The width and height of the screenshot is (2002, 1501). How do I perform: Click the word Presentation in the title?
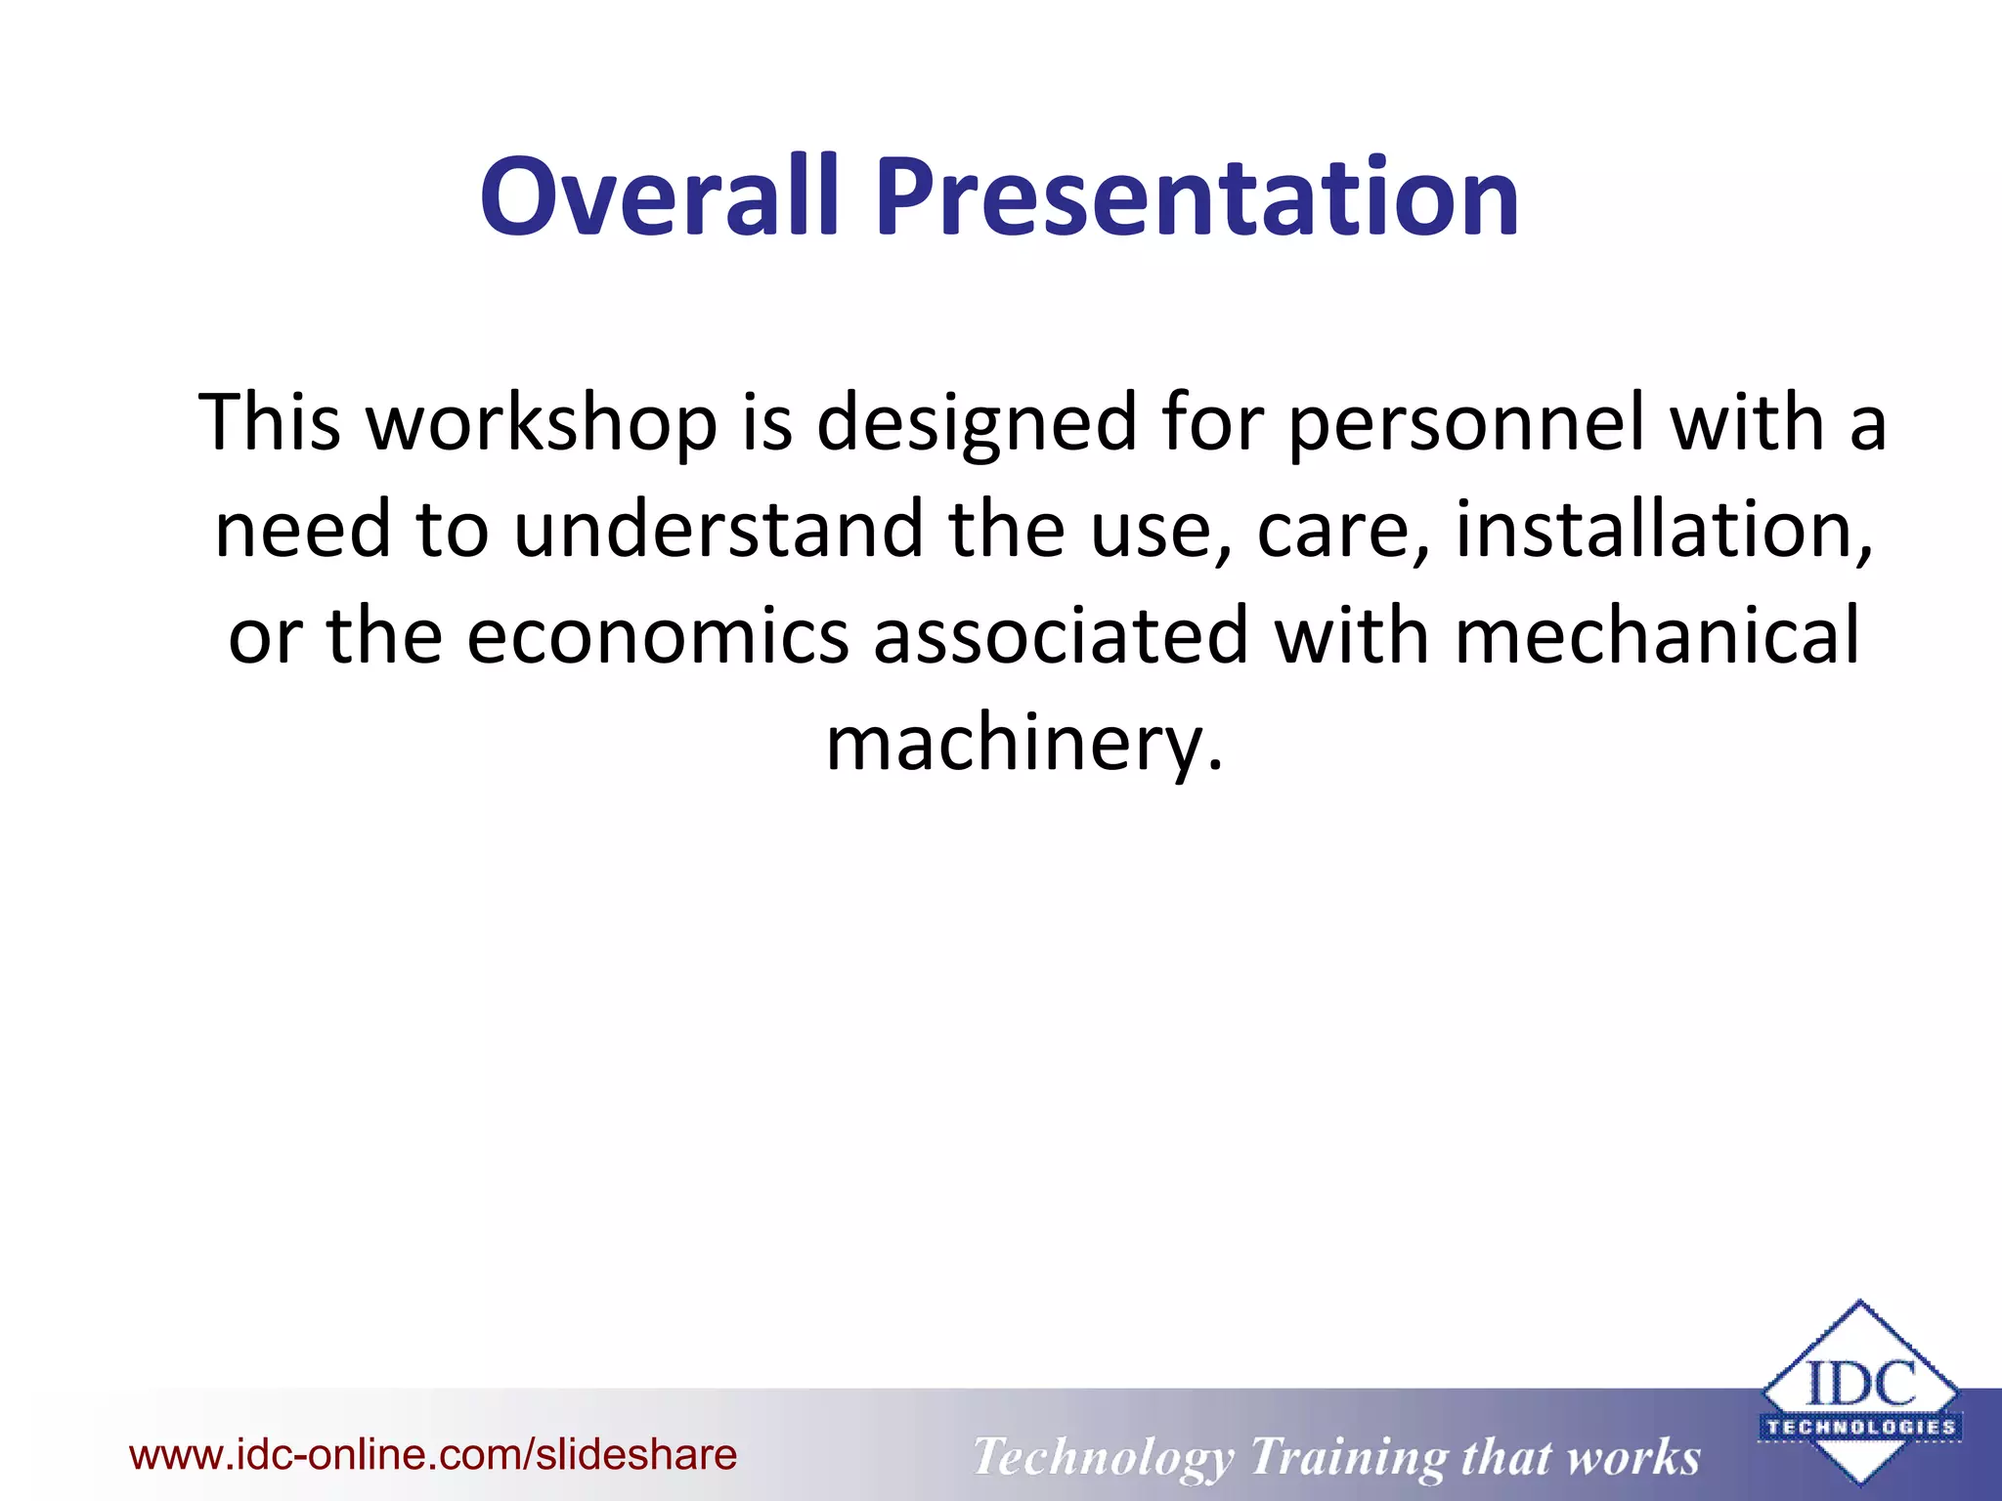[x=1197, y=198]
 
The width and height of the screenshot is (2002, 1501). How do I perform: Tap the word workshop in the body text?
[x=541, y=423]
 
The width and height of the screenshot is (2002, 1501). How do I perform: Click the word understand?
[x=718, y=529]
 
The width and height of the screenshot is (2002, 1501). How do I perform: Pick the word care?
[x=1344, y=531]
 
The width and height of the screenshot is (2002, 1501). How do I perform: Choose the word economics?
[x=657, y=636]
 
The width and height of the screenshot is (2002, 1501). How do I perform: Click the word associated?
[x=1061, y=636]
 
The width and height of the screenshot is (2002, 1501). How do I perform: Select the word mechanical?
[x=1657, y=636]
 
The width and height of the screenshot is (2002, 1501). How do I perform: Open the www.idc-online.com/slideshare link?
[x=433, y=1454]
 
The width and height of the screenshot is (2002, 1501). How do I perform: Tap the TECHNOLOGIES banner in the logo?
[x=1860, y=1427]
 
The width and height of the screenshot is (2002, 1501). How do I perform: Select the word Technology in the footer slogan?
[x=1103, y=1456]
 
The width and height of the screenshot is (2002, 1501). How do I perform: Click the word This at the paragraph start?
[x=270, y=423]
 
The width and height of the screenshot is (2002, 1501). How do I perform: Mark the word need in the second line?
[x=302, y=529]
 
